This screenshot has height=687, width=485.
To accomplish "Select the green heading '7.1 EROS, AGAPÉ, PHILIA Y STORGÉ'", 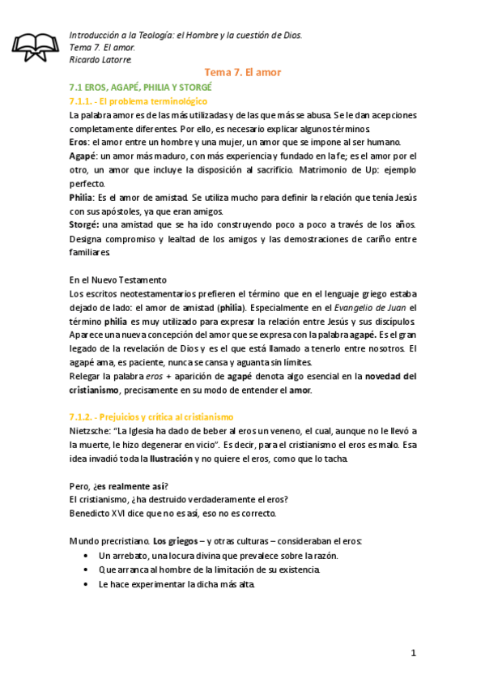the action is coord(141,87).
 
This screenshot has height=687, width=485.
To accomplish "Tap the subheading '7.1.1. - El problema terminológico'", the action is coord(139,101).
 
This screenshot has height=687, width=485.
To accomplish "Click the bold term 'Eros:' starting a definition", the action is coord(79,142).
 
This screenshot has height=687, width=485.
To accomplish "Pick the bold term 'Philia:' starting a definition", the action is coord(83,198).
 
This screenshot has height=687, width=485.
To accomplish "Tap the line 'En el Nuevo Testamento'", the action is coord(118,279).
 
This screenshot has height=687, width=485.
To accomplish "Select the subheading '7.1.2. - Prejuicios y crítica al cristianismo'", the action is coord(151,416).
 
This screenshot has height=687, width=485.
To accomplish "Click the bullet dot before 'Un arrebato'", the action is coord(87,556).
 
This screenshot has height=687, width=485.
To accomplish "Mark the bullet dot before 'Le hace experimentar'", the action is coord(87,583).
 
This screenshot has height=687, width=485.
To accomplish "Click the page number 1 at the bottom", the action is coord(412,652).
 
